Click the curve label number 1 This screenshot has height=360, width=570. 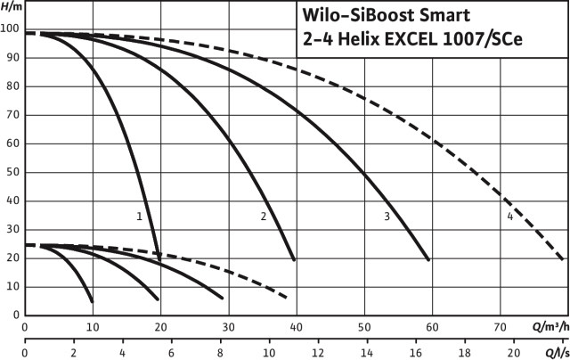140,216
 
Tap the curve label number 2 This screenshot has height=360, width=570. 264,216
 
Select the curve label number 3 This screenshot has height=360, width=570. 387,216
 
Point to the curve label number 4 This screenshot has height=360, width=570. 509,216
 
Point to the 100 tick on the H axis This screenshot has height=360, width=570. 10,29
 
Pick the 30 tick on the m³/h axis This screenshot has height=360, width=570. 228,326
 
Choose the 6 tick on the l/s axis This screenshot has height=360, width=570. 171,351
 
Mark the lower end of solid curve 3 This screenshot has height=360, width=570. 429,259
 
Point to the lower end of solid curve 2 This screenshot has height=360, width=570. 294,259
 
